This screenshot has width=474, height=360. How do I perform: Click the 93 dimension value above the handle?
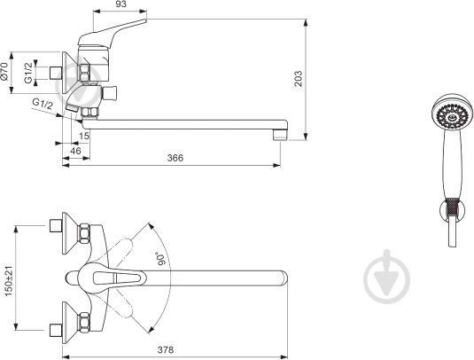click(120, 4)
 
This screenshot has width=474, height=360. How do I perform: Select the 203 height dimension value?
click(299, 79)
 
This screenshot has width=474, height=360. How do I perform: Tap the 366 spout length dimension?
click(175, 158)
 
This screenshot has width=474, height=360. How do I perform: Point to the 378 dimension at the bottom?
click(166, 350)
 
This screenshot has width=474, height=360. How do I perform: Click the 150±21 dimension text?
click(9, 281)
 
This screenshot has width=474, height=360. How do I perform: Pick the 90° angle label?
click(162, 259)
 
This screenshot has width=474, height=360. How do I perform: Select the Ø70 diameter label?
click(4, 72)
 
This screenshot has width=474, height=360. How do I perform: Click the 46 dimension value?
click(75, 151)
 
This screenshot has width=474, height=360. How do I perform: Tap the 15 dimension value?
click(85, 136)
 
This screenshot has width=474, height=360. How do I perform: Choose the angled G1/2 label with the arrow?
click(43, 104)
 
